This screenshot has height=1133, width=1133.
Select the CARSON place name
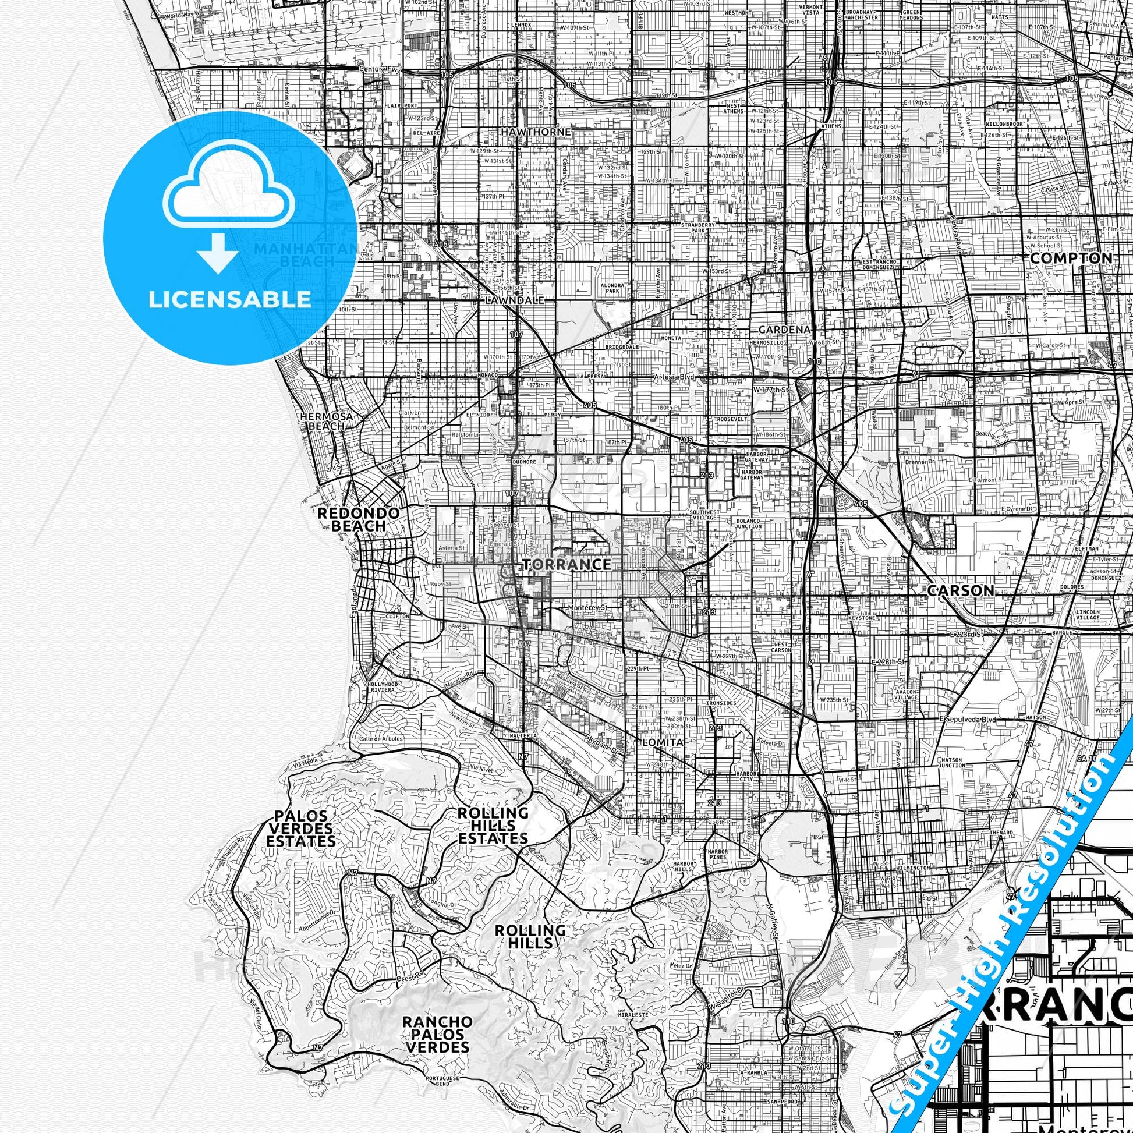961,590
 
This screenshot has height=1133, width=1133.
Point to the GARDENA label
784,330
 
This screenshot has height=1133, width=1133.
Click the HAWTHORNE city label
536,132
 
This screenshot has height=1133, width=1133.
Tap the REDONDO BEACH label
358,519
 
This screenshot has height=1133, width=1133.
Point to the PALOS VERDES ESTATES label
302,830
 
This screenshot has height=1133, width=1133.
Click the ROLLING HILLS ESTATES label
493,826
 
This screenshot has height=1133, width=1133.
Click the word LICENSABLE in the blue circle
229,300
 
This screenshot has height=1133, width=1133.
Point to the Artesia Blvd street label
674,377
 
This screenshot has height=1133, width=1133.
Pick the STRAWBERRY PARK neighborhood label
698,228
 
